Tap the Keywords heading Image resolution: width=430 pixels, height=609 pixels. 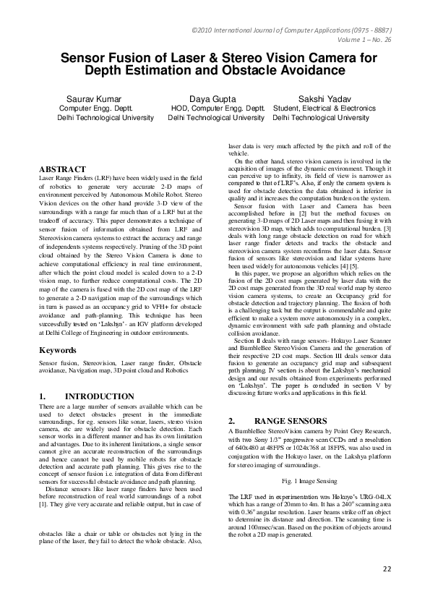click(x=59, y=350)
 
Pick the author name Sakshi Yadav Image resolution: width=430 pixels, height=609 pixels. click(x=324, y=98)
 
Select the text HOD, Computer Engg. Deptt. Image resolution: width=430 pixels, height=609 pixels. click(x=215, y=108)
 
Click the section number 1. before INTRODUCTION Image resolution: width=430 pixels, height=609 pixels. click(x=43, y=397)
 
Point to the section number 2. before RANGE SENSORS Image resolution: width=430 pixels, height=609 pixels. click(x=232, y=420)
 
